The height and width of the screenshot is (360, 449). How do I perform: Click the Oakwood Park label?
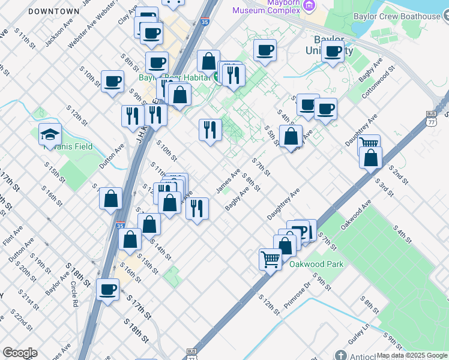pyautogui.click(x=316, y=264)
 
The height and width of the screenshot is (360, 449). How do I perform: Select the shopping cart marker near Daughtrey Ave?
pyautogui.click(x=369, y=145)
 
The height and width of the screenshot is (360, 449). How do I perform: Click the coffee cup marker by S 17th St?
pyautogui.click(x=108, y=289)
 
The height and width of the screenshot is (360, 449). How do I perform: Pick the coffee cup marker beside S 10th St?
pyautogui.click(x=112, y=81)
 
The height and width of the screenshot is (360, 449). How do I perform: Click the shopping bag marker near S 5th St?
pyautogui.click(x=291, y=136)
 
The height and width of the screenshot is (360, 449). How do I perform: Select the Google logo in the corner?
pyautogui.click(x=19, y=353)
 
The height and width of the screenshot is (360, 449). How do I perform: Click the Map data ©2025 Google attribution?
pyautogui.click(x=411, y=355)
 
